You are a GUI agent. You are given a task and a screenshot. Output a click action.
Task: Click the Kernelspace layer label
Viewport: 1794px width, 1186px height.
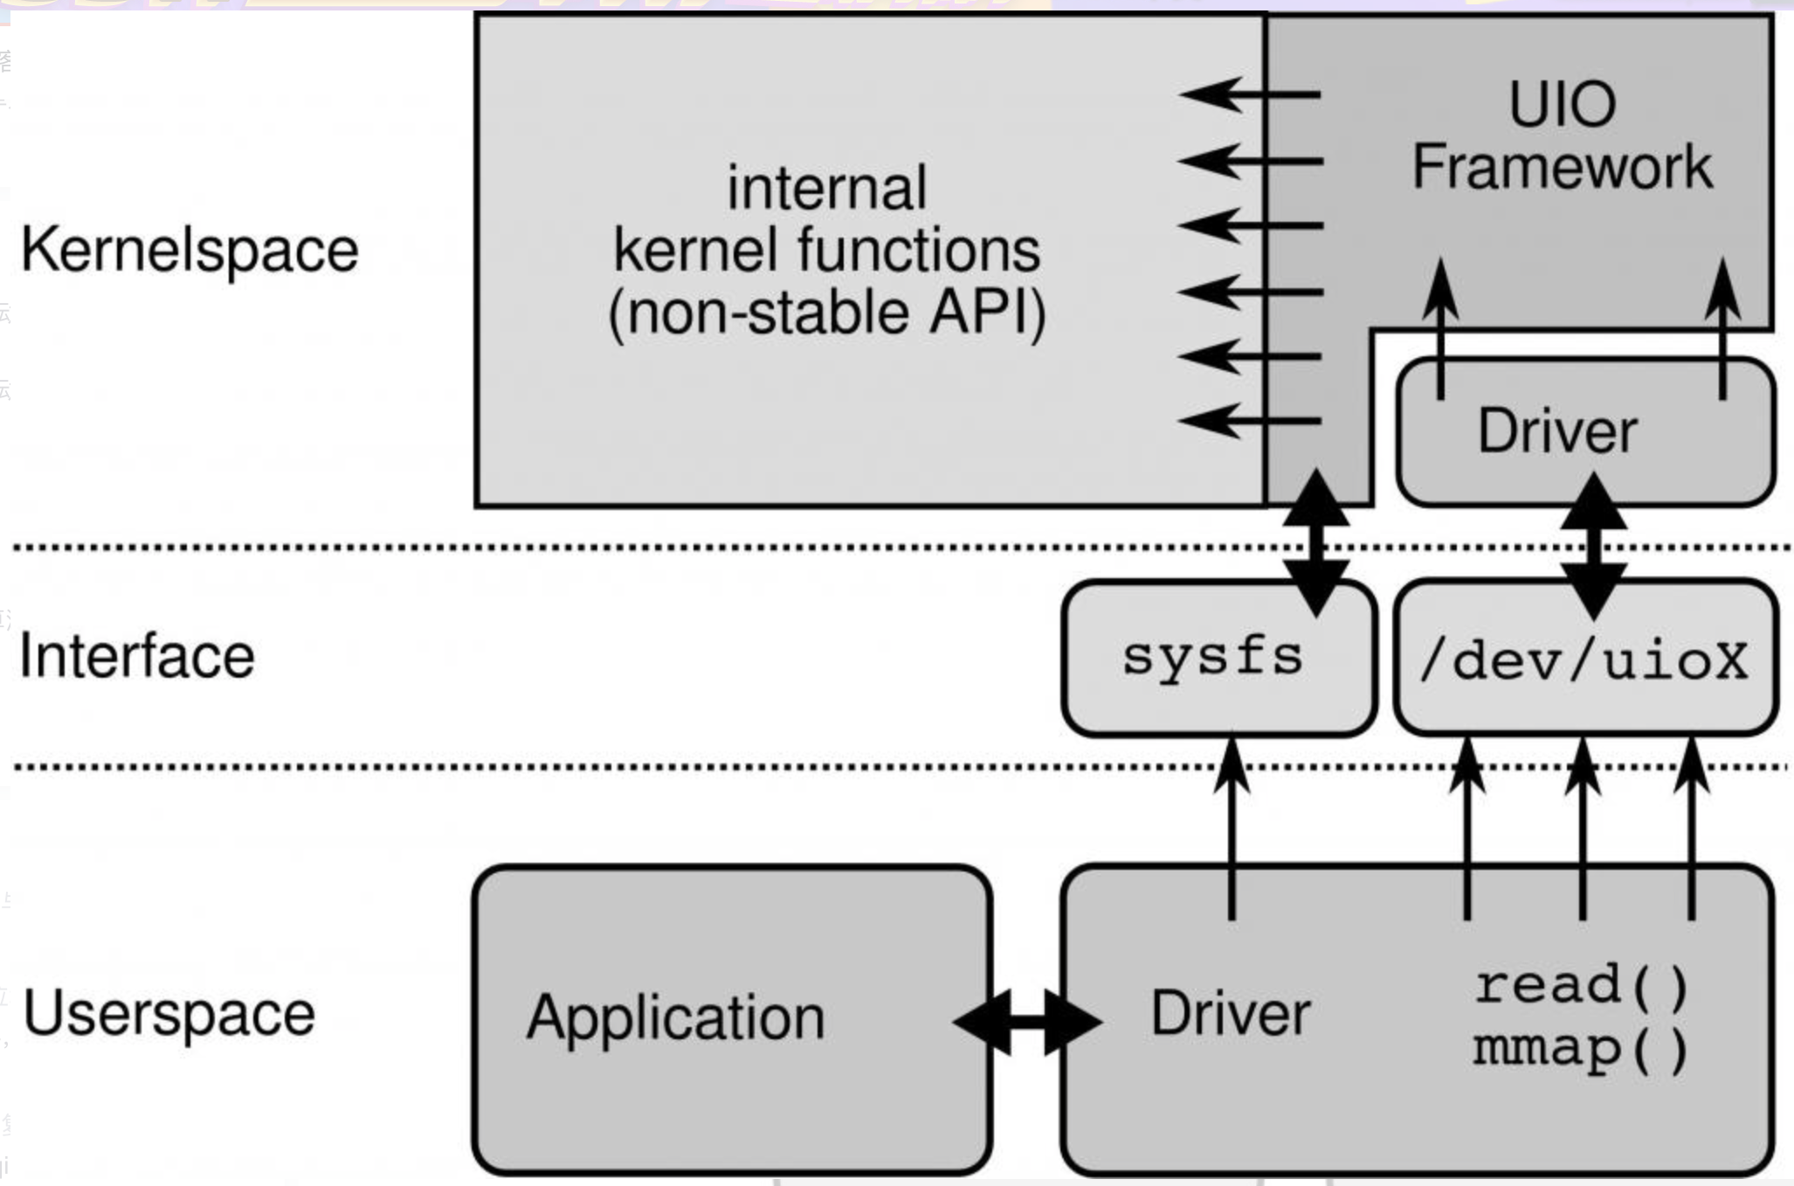pos(189,251)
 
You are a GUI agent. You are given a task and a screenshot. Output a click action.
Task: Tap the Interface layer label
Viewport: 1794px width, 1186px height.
pos(136,656)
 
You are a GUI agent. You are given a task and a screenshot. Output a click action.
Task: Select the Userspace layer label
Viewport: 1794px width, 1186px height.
pos(169,1013)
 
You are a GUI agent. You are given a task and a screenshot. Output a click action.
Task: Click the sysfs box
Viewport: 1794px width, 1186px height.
pos(1213,658)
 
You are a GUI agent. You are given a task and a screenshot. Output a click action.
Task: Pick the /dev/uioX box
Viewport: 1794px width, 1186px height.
pos(1584,660)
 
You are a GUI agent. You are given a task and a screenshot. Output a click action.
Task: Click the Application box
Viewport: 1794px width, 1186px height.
pos(675,1017)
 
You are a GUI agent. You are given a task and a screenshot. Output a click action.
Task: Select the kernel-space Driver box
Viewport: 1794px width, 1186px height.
pos(1557,431)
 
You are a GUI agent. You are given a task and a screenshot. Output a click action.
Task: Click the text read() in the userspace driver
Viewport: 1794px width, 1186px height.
pos(1582,985)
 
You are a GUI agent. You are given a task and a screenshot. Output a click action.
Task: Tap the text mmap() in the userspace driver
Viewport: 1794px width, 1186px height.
pos(1581,1049)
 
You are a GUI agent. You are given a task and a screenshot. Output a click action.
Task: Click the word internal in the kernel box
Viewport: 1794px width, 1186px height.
pos(826,188)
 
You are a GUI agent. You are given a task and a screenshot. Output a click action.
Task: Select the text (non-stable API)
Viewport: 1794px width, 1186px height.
pos(826,313)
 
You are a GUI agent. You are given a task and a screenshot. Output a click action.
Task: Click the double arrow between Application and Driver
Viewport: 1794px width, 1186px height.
pos(1027,1021)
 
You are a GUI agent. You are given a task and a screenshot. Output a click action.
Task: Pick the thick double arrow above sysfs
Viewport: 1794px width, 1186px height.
pos(1316,542)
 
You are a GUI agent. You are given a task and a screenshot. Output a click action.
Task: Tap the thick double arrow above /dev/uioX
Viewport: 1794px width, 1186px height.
pos(1593,545)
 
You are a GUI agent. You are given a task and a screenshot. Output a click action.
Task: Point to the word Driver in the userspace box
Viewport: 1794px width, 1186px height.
pos(1231,1013)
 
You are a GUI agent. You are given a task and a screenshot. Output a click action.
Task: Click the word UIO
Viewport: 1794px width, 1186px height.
pos(1562,105)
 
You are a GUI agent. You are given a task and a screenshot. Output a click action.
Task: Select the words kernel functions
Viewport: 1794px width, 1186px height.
pos(826,251)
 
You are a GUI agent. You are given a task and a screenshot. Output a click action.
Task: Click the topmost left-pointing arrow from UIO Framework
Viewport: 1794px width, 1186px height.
pos(1249,93)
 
